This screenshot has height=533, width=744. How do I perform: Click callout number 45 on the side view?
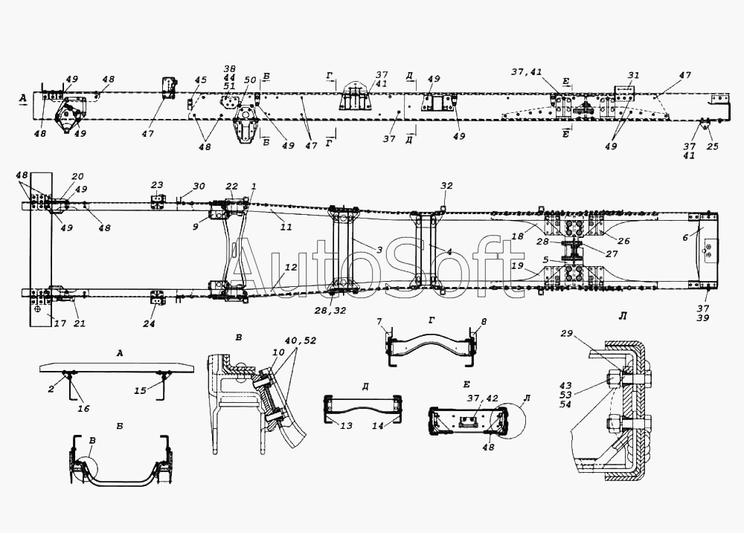(201, 80)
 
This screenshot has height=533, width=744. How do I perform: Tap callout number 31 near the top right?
(633, 75)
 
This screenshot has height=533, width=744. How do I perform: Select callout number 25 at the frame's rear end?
(713, 146)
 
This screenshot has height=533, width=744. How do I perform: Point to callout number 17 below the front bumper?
(60, 324)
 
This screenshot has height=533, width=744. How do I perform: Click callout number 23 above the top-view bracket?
(157, 185)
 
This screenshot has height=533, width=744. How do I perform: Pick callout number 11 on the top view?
(286, 227)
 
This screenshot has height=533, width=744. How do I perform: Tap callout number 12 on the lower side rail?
(291, 268)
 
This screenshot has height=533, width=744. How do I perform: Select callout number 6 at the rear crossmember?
(685, 238)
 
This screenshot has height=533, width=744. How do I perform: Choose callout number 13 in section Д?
(347, 425)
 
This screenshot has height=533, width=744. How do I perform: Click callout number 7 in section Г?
(379, 322)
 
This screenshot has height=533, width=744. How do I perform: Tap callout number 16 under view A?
(83, 408)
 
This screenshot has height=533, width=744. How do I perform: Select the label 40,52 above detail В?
(301, 340)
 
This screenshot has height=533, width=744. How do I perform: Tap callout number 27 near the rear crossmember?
(612, 253)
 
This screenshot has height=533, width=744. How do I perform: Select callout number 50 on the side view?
(251, 80)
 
